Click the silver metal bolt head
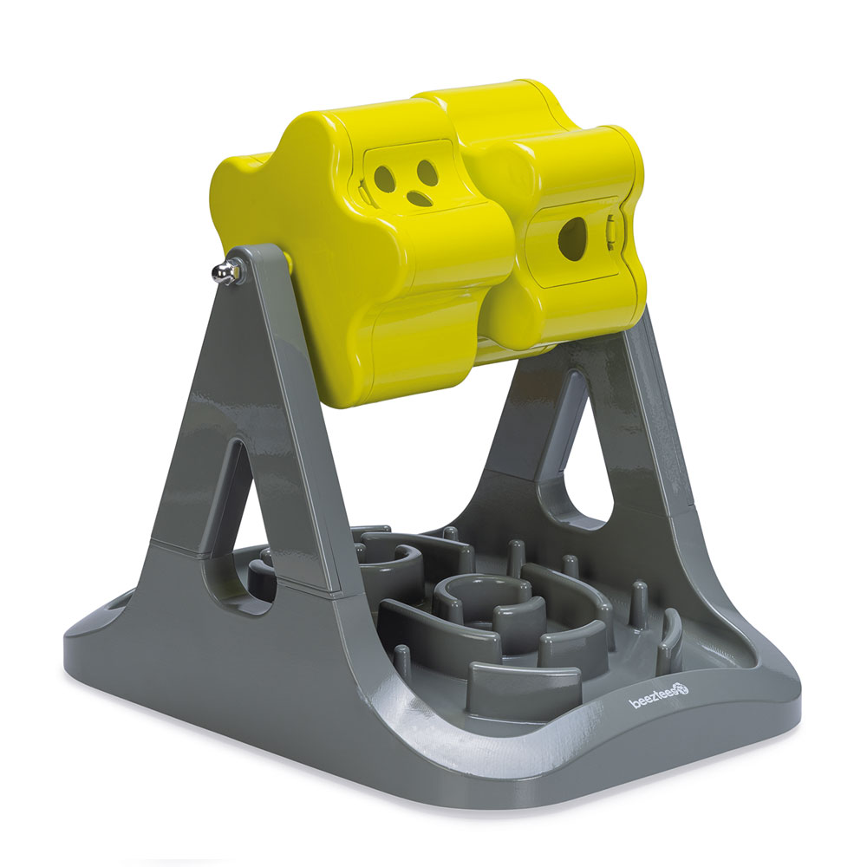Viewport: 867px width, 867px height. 222,272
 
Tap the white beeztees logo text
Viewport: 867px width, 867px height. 654,702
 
